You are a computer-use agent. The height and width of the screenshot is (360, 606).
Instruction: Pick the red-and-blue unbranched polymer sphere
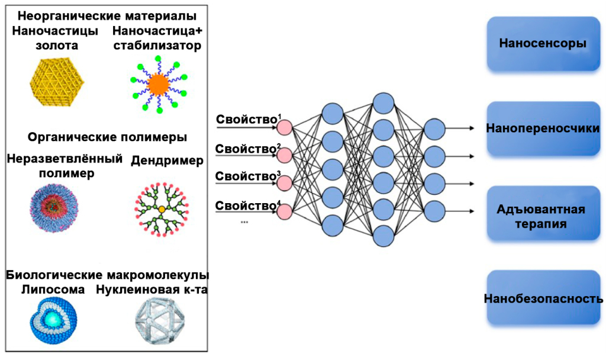(54, 207)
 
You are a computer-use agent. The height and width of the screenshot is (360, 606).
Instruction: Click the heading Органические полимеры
(107, 137)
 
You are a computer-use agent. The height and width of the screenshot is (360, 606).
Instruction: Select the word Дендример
(167, 160)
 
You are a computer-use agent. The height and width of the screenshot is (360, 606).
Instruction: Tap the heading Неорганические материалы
(107, 16)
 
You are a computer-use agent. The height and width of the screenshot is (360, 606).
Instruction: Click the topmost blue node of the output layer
(435, 128)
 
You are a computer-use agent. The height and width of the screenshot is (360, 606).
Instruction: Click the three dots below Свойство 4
(244, 222)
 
